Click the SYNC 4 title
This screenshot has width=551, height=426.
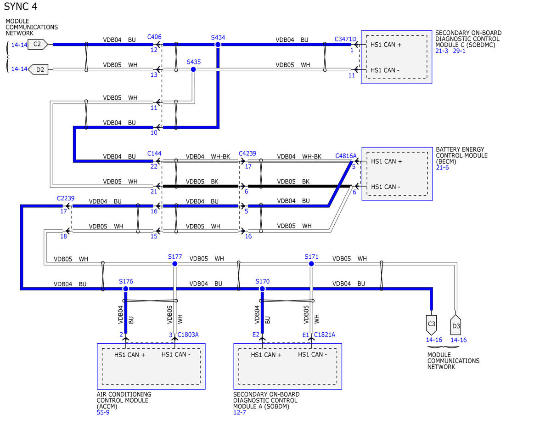21,6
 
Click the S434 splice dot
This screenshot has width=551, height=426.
218,45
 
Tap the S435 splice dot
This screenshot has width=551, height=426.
193,69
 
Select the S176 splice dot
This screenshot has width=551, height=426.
125,289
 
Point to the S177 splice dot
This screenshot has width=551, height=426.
174,264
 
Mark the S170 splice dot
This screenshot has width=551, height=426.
262,289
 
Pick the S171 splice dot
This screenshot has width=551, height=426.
311,264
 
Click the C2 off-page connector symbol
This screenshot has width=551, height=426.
38,45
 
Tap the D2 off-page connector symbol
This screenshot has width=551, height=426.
38,69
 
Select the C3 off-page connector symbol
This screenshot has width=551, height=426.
431,325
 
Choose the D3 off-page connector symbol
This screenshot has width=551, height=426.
455,325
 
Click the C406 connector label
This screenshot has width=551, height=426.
154,37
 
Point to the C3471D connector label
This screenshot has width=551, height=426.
345,39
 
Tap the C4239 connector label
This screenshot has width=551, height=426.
247,153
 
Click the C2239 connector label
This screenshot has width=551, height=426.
66,198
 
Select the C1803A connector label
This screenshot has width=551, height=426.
188,335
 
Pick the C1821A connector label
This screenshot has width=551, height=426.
325,335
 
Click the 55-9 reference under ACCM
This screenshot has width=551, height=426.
103,412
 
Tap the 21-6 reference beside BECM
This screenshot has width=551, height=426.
442,167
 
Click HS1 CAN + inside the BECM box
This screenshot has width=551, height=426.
387,161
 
